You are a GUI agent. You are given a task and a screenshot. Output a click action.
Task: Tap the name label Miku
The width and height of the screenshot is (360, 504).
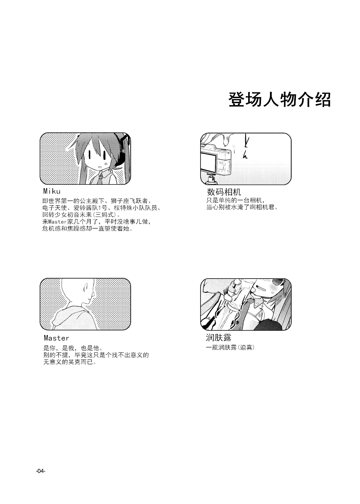pos(52,191)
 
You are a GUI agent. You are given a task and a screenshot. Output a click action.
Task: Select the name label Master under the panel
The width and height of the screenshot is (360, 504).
pos(56,338)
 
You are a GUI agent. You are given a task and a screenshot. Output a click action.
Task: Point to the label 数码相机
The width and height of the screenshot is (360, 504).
pos(224,192)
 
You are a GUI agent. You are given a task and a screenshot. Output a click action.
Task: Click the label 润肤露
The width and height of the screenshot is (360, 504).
pos(219,337)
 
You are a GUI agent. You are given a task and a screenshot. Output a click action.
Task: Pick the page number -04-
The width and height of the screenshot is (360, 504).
pos(40,471)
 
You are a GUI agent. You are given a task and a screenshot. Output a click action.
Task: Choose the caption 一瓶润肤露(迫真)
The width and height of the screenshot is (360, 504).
pos(230,347)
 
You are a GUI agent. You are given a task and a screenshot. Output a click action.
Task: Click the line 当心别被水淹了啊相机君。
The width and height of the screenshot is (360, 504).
pos(242,208)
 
